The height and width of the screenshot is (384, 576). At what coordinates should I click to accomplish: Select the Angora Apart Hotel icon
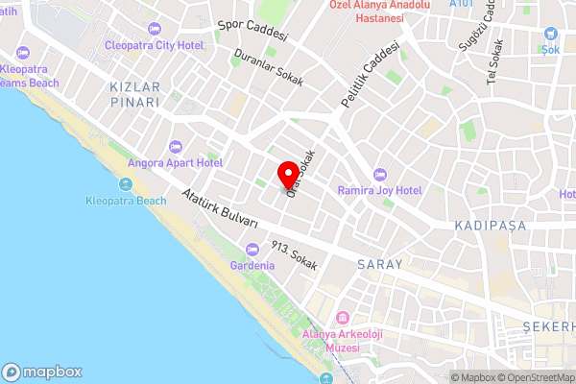click(175, 147)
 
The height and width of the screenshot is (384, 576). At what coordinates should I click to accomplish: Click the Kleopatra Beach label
click(126, 202)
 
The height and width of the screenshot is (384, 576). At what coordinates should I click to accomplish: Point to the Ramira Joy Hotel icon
click(379, 174)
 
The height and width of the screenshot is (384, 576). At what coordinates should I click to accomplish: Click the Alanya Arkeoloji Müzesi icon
click(342, 318)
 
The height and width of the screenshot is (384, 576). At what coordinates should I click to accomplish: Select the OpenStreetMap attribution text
click(539, 377)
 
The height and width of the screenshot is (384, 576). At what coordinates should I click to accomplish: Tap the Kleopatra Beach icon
click(126, 184)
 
